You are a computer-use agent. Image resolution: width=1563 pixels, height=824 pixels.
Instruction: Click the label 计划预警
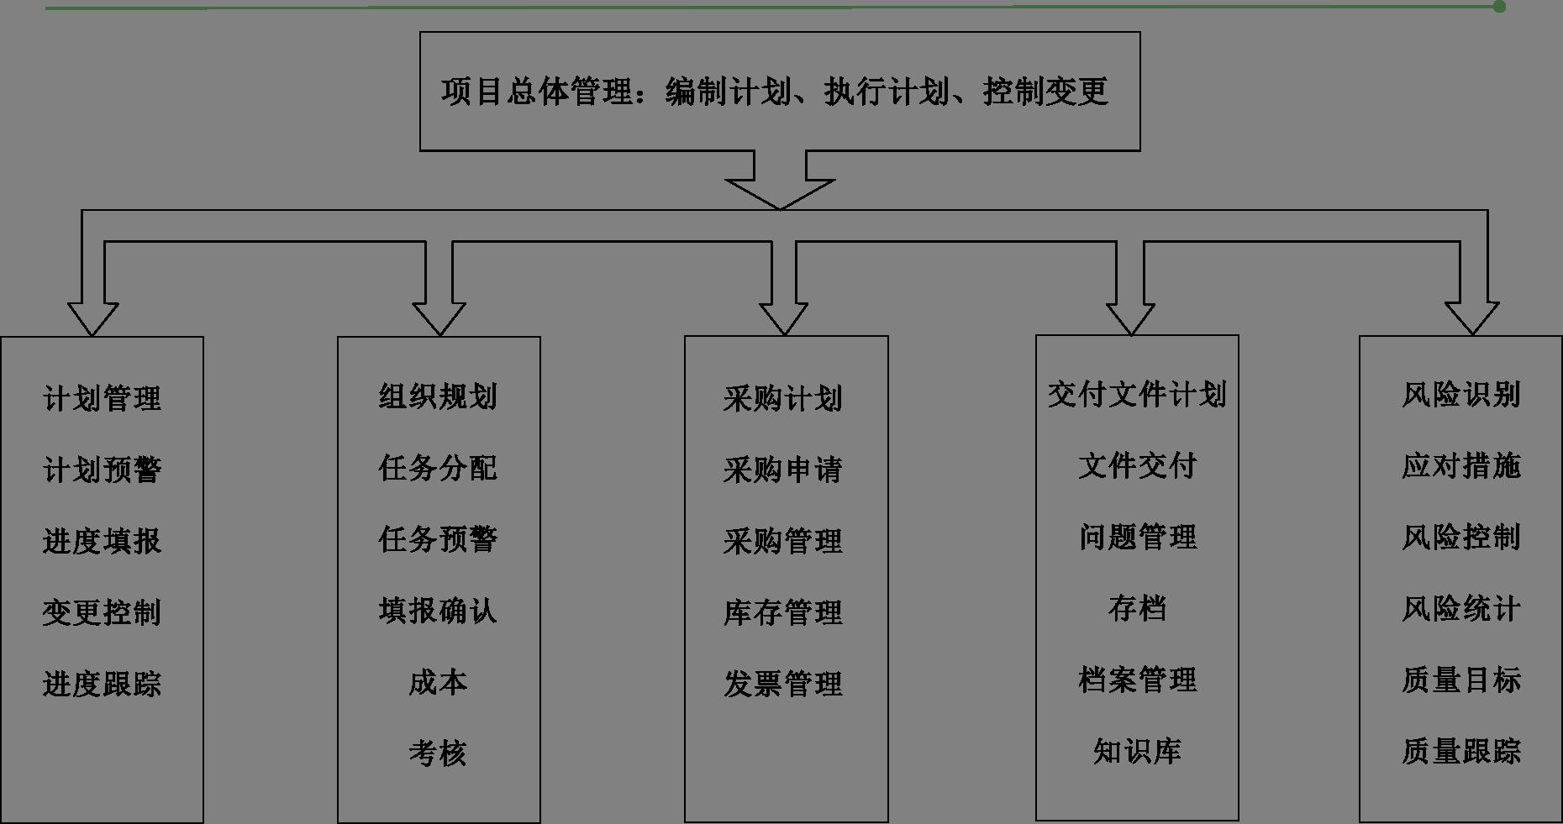(x=102, y=470)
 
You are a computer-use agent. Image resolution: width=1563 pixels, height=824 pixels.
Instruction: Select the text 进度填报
(x=102, y=541)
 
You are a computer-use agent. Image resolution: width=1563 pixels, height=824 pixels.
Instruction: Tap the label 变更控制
(x=102, y=612)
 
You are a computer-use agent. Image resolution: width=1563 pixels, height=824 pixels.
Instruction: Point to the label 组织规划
(x=438, y=396)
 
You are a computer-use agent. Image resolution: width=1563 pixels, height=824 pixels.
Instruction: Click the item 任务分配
(x=438, y=468)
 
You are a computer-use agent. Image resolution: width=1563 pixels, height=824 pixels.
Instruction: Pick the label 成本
(x=438, y=682)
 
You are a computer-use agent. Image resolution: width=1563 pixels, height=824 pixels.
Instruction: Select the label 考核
(x=438, y=753)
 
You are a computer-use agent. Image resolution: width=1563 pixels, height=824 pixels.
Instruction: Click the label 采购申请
(x=782, y=470)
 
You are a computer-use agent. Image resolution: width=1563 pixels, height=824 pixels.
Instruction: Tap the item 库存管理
(x=782, y=612)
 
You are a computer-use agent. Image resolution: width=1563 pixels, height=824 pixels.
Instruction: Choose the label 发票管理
(x=782, y=684)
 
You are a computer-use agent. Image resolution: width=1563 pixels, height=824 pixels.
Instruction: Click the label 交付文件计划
(x=1137, y=394)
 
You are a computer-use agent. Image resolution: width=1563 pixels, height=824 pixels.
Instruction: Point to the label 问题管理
(x=1137, y=537)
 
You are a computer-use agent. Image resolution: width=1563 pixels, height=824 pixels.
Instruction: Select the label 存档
(x=1137, y=608)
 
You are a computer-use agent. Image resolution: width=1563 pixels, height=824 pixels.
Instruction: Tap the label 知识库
(x=1137, y=751)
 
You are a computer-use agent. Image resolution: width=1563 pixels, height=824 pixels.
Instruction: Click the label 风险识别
(x=1460, y=394)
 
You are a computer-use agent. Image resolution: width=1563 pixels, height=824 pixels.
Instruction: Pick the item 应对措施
(x=1460, y=465)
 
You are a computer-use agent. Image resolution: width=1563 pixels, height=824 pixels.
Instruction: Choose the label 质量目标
(x=1460, y=680)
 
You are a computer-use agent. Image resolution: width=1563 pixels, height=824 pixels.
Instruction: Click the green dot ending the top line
(x=1499, y=7)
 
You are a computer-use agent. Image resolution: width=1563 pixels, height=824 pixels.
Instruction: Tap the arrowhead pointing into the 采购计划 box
(x=783, y=318)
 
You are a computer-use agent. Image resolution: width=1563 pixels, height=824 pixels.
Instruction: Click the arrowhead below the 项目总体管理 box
(x=780, y=194)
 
